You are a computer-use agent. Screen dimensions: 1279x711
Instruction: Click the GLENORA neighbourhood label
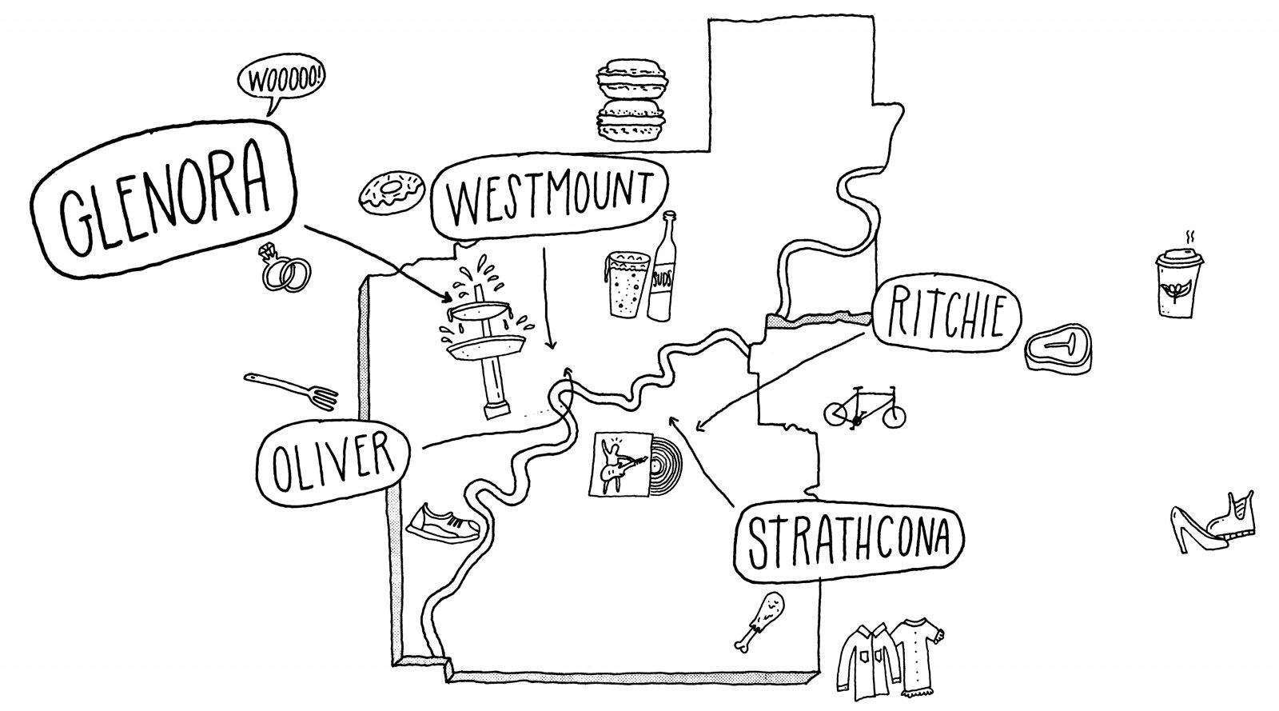[164, 201]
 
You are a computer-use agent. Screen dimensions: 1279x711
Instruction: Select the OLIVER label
[333, 463]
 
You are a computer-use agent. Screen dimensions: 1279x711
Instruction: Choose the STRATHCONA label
[849, 542]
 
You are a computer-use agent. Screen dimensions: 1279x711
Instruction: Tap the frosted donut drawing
[392, 192]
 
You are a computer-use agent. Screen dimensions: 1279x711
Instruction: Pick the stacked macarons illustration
[632, 99]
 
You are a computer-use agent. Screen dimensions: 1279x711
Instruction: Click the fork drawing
[291, 390]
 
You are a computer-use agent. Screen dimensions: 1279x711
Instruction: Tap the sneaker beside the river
[444, 525]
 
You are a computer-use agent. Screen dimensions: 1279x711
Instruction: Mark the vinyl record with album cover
[635, 465]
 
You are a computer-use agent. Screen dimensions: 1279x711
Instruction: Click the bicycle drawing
[864, 407]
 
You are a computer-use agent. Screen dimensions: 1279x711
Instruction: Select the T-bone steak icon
[1058, 349]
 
